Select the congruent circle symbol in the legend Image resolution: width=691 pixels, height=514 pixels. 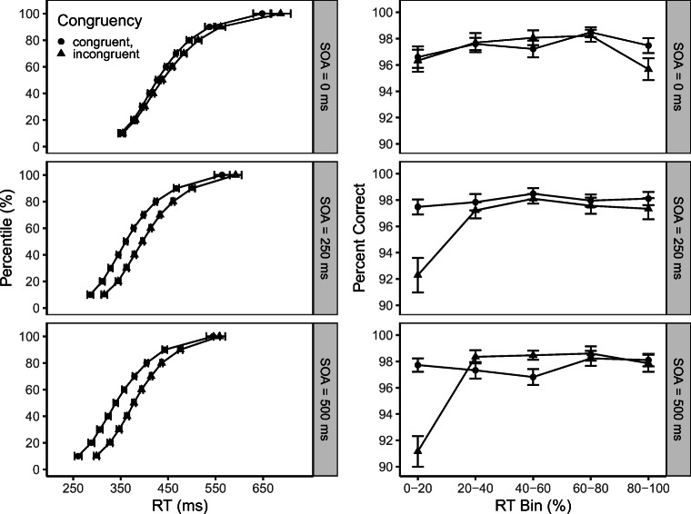pos(60,41)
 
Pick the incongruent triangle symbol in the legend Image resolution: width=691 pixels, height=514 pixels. pos(60,54)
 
